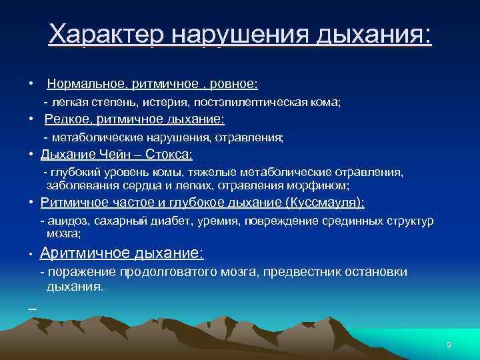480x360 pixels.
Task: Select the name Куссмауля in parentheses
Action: [324, 203]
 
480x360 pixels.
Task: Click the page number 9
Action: [449, 345]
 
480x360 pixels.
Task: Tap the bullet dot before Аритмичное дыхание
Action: [31, 255]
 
